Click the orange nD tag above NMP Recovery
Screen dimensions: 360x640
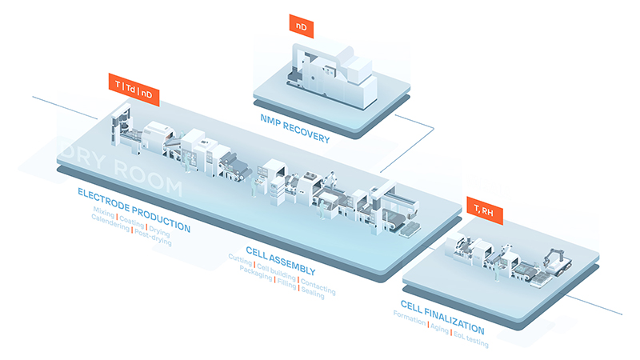301,27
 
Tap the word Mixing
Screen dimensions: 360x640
103,214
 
